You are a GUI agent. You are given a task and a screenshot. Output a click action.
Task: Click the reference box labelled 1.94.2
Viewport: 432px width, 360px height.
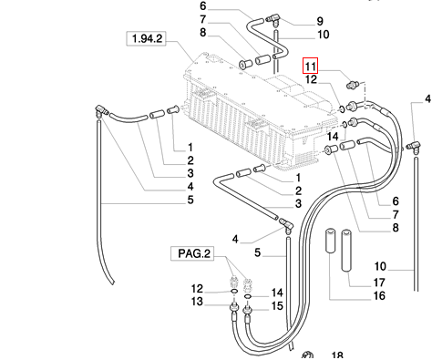click(x=146, y=38)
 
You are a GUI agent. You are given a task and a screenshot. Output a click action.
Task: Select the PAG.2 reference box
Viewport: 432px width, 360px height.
click(x=192, y=253)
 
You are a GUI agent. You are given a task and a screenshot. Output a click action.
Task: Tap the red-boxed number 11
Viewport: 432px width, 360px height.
click(x=310, y=66)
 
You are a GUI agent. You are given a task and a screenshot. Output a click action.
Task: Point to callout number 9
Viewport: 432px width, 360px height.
click(x=320, y=21)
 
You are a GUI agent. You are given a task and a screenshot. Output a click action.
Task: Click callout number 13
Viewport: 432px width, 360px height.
click(x=197, y=302)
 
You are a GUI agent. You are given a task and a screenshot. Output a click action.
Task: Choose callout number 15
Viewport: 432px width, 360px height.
click(x=277, y=306)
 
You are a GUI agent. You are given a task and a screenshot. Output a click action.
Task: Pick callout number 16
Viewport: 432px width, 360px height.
click(x=379, y=295)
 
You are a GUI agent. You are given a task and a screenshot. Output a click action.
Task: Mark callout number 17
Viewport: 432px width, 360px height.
click(x=379, y=283)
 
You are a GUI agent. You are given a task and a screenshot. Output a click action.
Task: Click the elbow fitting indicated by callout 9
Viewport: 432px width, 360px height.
click(x=273, y=20)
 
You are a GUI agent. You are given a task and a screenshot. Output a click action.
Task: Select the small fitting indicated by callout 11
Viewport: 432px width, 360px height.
click(x=353, y=84)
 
